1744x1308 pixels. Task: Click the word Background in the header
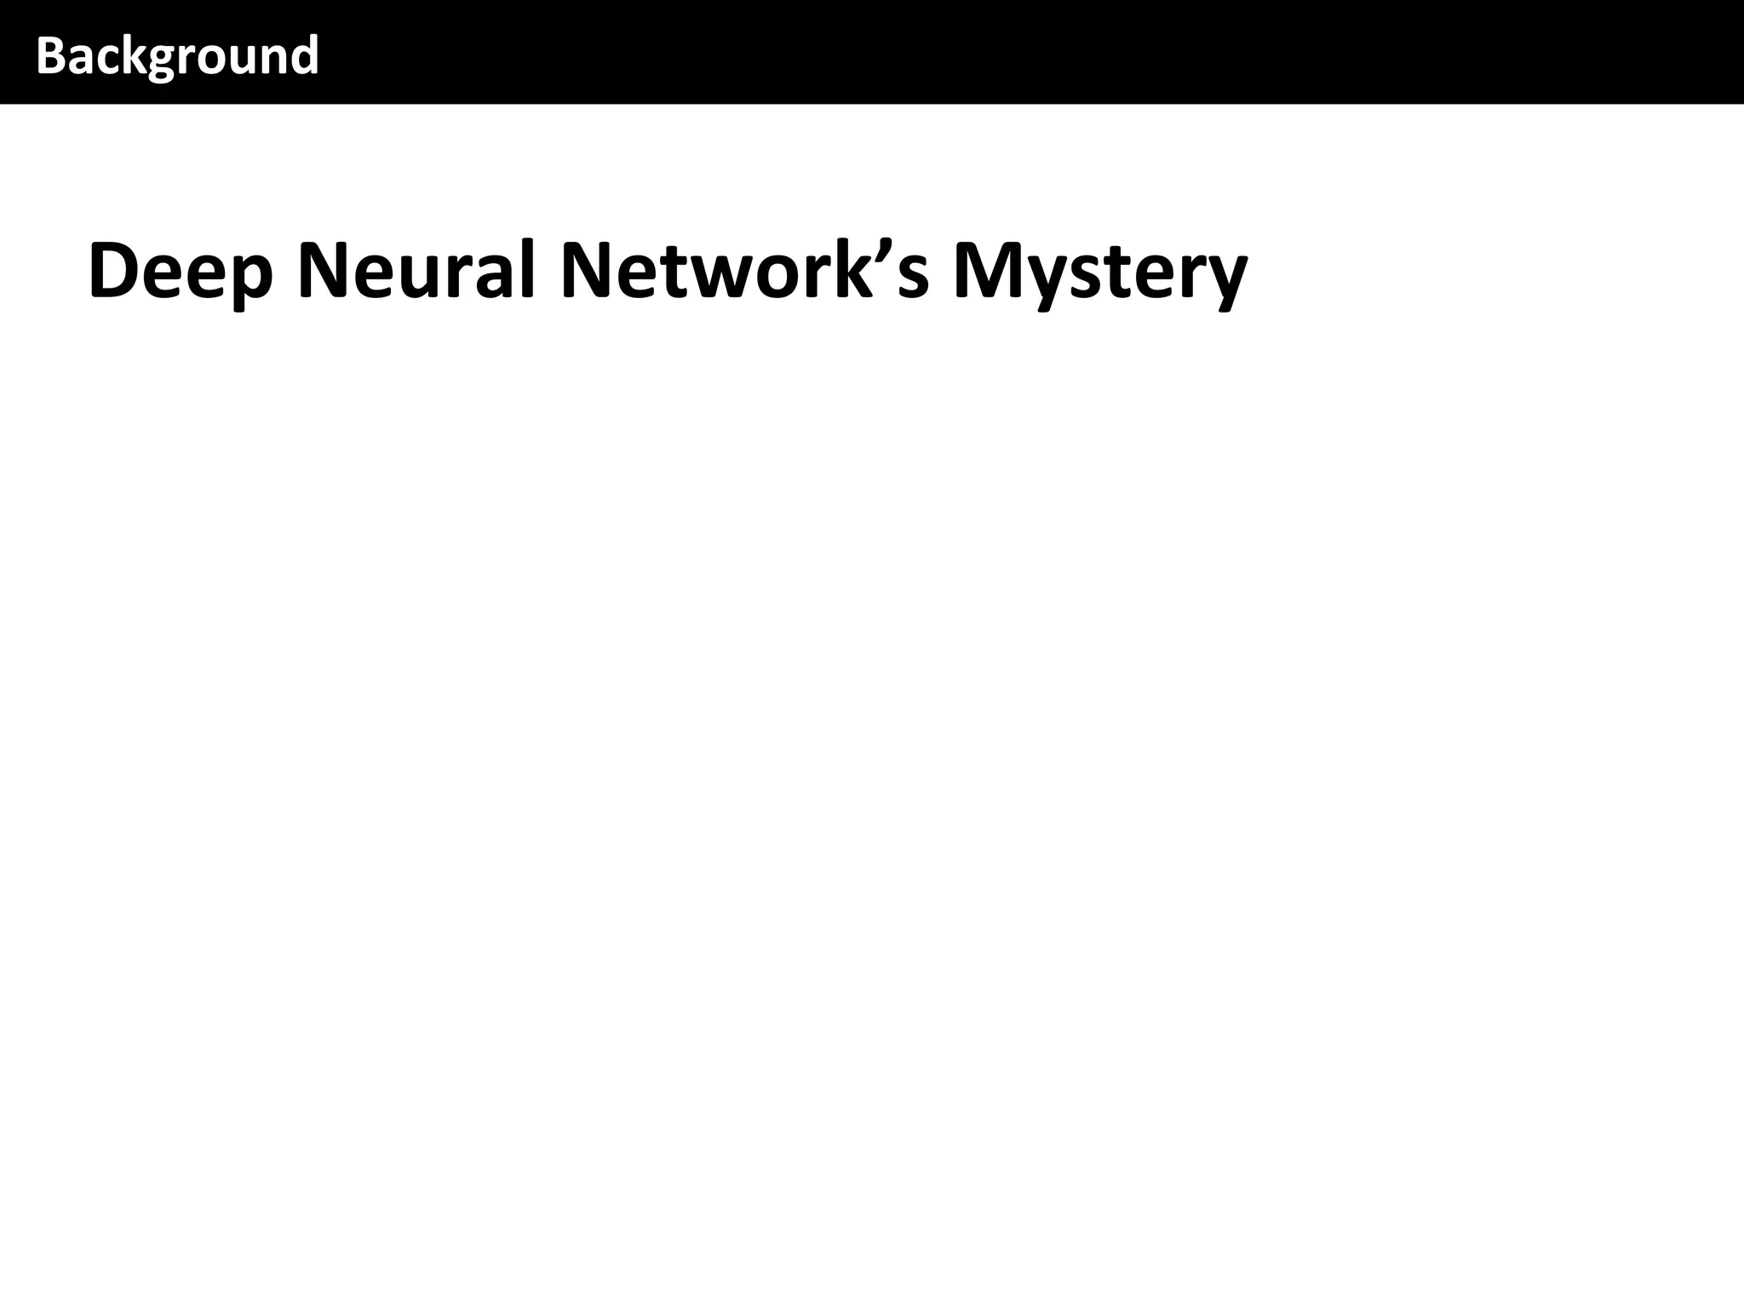click(177, 56)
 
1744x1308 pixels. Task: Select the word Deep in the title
click(181, 271)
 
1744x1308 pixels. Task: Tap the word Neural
click(416, 271)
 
